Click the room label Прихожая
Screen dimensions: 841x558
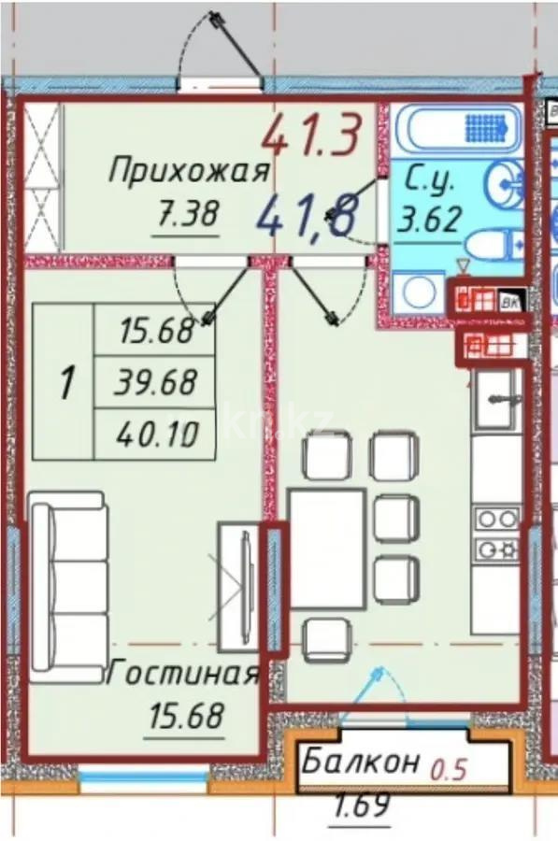190,172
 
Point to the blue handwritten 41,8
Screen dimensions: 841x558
305,218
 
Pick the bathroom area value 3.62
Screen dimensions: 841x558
429,221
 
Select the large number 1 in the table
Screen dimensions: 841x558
66,382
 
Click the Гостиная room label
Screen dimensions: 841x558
183,674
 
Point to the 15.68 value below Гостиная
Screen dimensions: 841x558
186,717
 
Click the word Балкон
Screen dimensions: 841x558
360,763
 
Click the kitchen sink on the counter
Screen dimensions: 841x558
494,399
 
